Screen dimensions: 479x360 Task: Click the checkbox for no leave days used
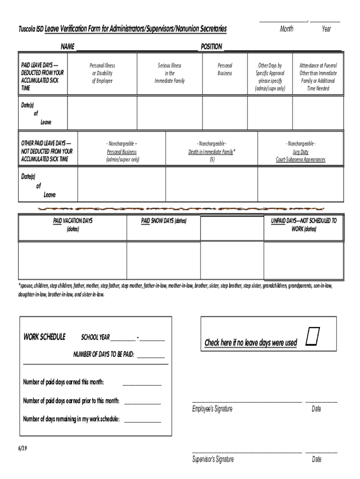[x=313, y=337]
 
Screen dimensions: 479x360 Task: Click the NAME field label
[x=67, y=47]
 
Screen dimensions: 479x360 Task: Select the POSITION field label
[x=211, y=47]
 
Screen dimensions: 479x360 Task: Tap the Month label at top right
[x=287, y=29]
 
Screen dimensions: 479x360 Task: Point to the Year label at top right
[x=326, y=29]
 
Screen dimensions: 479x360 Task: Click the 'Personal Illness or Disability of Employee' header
[x=102, y=73]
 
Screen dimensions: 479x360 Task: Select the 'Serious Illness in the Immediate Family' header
[x=170, y=73]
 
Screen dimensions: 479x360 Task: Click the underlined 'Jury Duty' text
[x=301, y=152]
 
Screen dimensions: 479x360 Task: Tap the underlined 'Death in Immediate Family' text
[x=211, y=152]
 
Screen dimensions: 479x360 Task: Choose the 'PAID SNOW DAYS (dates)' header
[x=164, y=221]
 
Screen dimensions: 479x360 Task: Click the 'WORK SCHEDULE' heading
[x=44, y=337]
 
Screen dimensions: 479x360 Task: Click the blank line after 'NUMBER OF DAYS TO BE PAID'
[x=151, y=355]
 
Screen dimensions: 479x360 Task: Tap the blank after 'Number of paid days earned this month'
[x=142, y=383]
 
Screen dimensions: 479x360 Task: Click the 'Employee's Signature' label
[x=212, y=409]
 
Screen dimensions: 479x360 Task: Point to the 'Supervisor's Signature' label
[x=213, y=459]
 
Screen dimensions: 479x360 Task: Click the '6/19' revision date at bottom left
[x=23, y=448]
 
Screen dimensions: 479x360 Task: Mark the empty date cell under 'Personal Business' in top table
[x=224, y=112]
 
